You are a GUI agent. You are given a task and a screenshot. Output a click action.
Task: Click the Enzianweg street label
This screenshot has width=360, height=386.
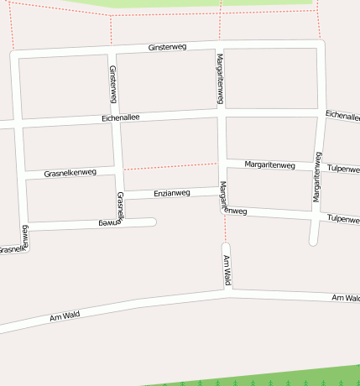(172, 193)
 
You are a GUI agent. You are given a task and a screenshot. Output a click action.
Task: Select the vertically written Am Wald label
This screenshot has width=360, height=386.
(227, 271)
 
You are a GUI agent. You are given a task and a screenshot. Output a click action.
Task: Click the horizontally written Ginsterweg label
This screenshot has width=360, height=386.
(166, 48)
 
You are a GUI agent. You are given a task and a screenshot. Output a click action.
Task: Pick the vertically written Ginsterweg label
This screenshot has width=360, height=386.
(113, 85)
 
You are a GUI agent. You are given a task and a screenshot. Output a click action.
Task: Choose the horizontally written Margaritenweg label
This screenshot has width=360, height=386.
(269, 165)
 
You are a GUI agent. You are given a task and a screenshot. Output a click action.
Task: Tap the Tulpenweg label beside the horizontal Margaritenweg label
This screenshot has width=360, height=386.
(342, 168)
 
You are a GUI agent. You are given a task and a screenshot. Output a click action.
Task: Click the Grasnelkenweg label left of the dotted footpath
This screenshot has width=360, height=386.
(70, 173)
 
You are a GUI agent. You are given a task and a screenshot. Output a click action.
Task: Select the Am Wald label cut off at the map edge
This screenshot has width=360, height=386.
(346, 298)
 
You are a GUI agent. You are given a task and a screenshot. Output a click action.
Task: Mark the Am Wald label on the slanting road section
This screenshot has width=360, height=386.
(64, 316)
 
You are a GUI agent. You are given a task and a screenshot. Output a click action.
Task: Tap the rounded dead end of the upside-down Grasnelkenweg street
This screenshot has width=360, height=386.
(152, 222)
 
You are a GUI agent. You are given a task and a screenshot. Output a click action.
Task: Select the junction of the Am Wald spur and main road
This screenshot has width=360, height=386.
(227, 291)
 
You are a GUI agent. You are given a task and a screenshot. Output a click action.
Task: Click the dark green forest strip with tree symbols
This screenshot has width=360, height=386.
(277, 377)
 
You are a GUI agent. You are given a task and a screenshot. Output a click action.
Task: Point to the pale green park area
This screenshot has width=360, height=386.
(210, 4)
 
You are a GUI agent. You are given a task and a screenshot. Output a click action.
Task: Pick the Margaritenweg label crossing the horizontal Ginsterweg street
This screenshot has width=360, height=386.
(220, 78)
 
